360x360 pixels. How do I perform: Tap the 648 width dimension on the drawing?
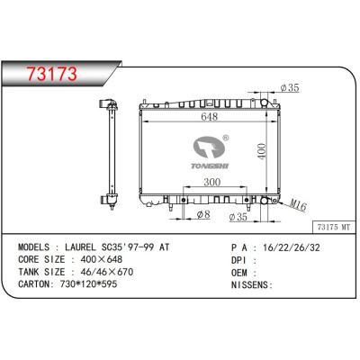[209, 116]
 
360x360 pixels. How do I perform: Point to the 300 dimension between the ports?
[209, 182]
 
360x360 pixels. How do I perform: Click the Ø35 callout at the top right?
[290, 87]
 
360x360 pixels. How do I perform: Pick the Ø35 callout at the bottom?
[241, 217]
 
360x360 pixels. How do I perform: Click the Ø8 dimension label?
[204, 215]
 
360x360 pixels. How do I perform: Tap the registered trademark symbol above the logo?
[225, 139]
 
